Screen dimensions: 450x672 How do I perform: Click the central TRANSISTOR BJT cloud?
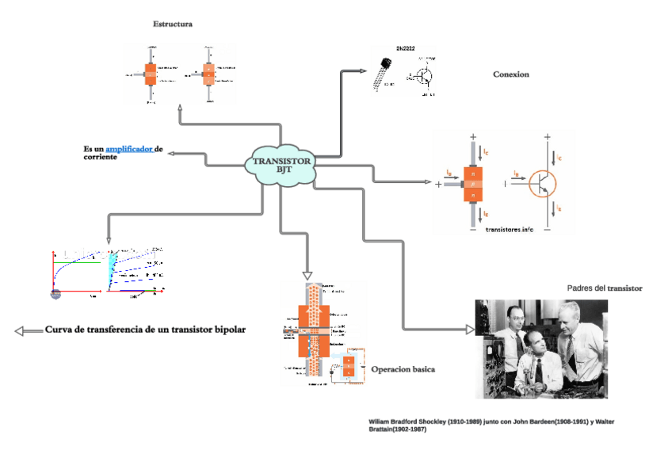[x=283, y=165]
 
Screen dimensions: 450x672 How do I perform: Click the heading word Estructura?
[x=173, y=24]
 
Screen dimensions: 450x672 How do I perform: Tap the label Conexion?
[x=510, y=74]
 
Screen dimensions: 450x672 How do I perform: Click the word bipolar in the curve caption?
[x=225, y=329]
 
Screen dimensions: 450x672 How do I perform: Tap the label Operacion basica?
[x=403, y=369]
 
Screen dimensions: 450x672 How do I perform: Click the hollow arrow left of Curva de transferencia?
[x=28, y=330]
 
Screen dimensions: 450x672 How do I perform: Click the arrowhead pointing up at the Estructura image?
[x=181, y=107]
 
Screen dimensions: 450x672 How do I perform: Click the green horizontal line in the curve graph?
[x=79, y=261]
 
